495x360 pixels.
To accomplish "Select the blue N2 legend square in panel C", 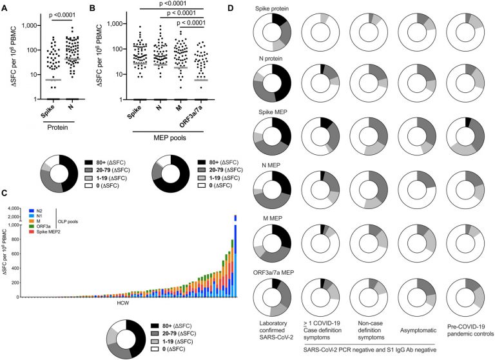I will coord(31,210).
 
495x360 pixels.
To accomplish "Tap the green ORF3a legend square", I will coord(31,225).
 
